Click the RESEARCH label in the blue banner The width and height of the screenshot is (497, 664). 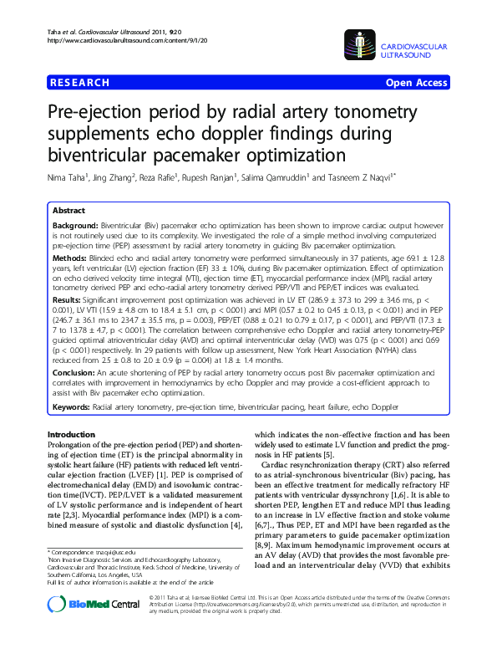coord(79,83)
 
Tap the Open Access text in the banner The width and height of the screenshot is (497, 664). coord(415,83)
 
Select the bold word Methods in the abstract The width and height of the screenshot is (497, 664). coord(69,261)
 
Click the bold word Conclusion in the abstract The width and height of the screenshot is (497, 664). coord(74,373)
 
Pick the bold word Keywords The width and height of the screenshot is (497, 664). coord(71,406)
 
